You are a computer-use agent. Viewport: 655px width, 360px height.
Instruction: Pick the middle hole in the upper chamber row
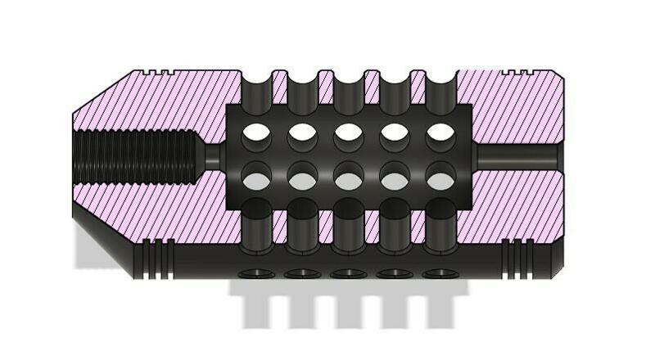click(x=349, y=131)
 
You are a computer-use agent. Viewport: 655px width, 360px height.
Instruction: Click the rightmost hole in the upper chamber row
click(x=441, y=131)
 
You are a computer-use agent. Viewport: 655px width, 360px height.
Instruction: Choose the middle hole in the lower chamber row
click(x=349, y=178)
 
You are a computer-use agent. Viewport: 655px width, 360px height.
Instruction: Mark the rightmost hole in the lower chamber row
click(x=441, y=178)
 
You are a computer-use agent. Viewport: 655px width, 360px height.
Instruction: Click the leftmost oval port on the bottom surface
click(x=256, y=272)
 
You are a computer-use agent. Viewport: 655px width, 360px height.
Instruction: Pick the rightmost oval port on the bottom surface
click(x=441, y=272)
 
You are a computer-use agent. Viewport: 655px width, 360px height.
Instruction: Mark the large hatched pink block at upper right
click(x=512, y=106)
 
